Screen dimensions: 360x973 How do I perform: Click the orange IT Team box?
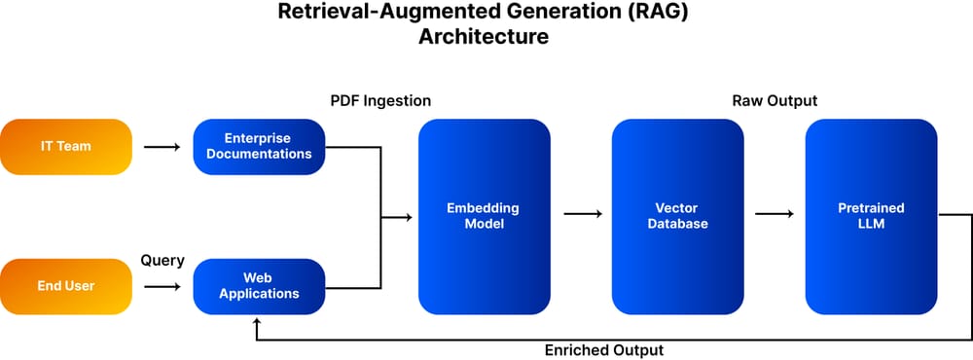[x=66, y=147]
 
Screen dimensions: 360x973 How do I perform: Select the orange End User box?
[x=66, y=286]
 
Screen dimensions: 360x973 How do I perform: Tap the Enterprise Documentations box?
[x=259, y=147]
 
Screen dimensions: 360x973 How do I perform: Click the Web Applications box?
[x=259, y=286]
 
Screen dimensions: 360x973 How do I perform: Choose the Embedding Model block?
[x=484, y=216]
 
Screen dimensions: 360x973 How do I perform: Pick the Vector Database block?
[x=677, y=216]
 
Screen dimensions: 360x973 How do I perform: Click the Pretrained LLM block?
[x=871, y=216]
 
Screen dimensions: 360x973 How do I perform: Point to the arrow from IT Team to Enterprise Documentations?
[x=162, y=147]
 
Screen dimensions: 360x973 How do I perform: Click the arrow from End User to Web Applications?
[x=162, y=287]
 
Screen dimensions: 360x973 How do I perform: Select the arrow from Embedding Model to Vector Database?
[x=581, y=216]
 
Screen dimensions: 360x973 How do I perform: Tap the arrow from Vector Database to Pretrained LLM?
[x=775, y=216]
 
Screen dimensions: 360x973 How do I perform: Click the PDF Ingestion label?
[x=380, y=101]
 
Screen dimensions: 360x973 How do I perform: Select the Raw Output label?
[x=775, y=101]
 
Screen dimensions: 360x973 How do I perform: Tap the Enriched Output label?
[x=604, y=349]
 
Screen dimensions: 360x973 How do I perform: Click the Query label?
[x=162, y=261]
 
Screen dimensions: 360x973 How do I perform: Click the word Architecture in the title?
[x=484, y=38]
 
